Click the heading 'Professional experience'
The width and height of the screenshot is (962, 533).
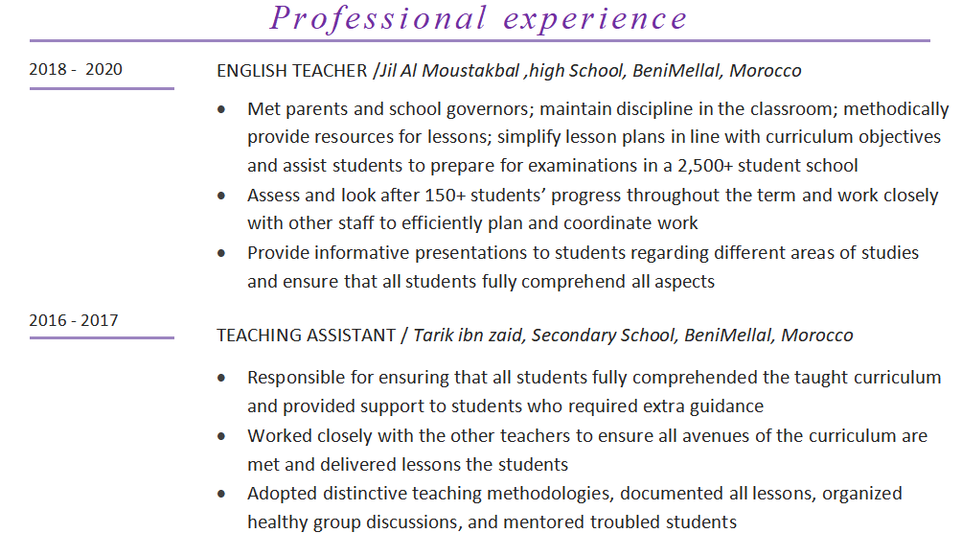[479, 18]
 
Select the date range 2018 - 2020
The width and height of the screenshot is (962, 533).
[76, 69]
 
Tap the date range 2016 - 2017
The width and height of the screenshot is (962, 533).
[74, 320]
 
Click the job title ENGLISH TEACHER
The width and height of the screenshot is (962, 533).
[292, 71]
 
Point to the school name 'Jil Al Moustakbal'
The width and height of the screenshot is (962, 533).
[449, 71]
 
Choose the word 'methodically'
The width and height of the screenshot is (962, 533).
[896, 109]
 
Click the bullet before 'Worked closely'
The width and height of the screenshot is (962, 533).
[222, 436]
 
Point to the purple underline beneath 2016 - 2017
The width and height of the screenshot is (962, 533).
[102, 337]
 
